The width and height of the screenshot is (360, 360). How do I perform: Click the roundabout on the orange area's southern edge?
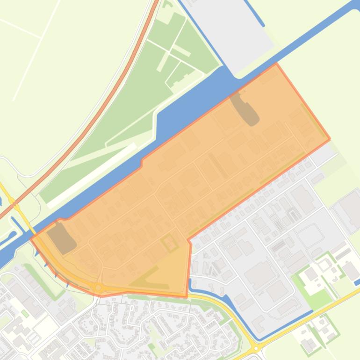coord(98,288)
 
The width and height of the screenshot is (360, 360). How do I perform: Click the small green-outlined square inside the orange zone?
coord(169,243)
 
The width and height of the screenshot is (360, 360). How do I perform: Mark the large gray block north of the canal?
coord(234,28)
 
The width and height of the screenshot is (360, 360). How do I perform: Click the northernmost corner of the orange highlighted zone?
coord(275,65)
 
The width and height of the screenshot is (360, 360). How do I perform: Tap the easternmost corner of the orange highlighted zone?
coord(330,139)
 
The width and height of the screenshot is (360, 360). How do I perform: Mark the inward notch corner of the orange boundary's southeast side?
coord(188,241)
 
